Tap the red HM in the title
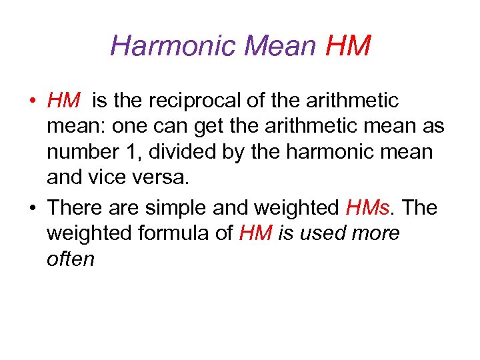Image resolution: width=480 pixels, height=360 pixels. tap(347, 46)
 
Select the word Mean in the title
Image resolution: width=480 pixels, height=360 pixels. tap(281, 46)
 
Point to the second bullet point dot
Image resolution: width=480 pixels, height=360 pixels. tap(32, 209)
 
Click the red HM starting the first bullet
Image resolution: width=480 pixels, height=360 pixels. tap(64, 101)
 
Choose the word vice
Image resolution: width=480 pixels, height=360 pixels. tap(109, 179)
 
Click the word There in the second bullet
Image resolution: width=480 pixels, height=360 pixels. tap(79, 207)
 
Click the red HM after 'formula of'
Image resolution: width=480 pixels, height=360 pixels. tap(255, 233)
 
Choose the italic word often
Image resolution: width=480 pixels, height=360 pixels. tap(71, 259)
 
